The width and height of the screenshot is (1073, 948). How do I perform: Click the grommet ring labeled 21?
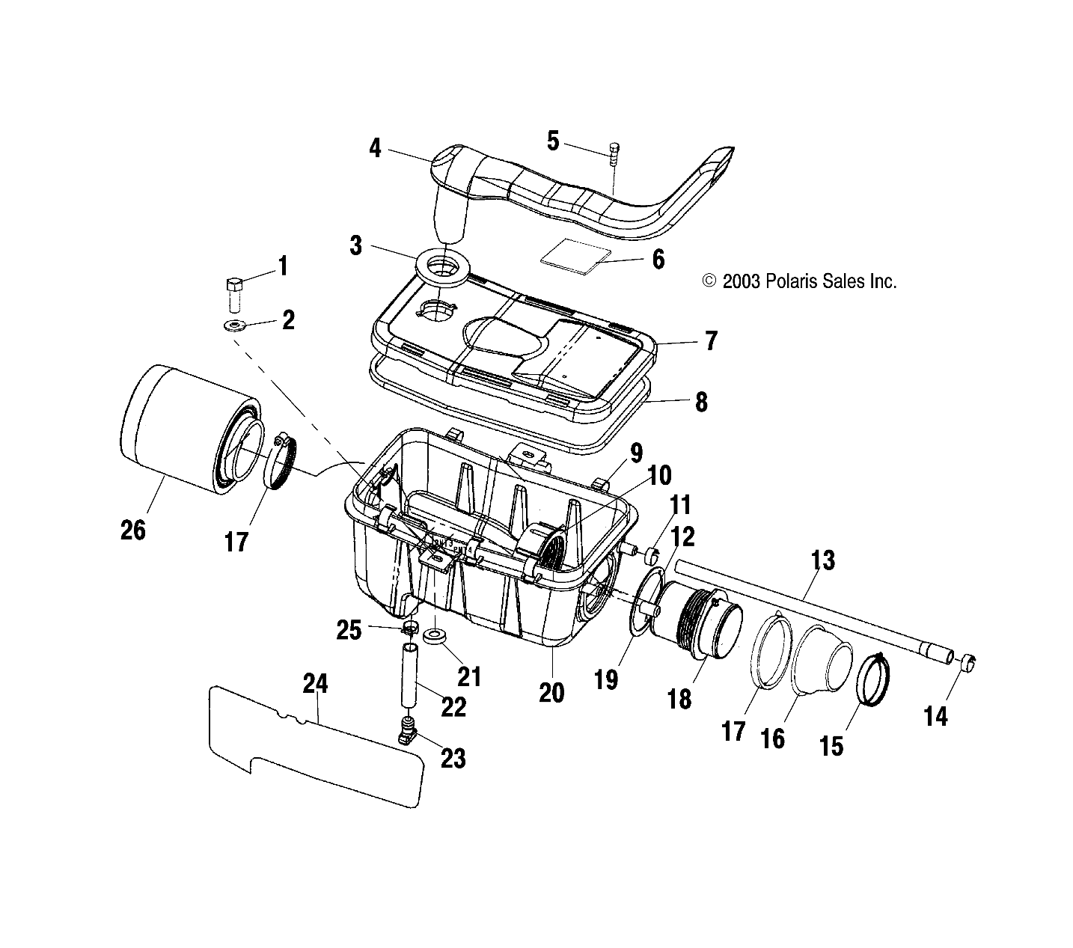point(435,637)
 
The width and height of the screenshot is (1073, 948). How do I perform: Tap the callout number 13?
point(822,560)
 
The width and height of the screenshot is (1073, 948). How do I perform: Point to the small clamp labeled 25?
point(411,626)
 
